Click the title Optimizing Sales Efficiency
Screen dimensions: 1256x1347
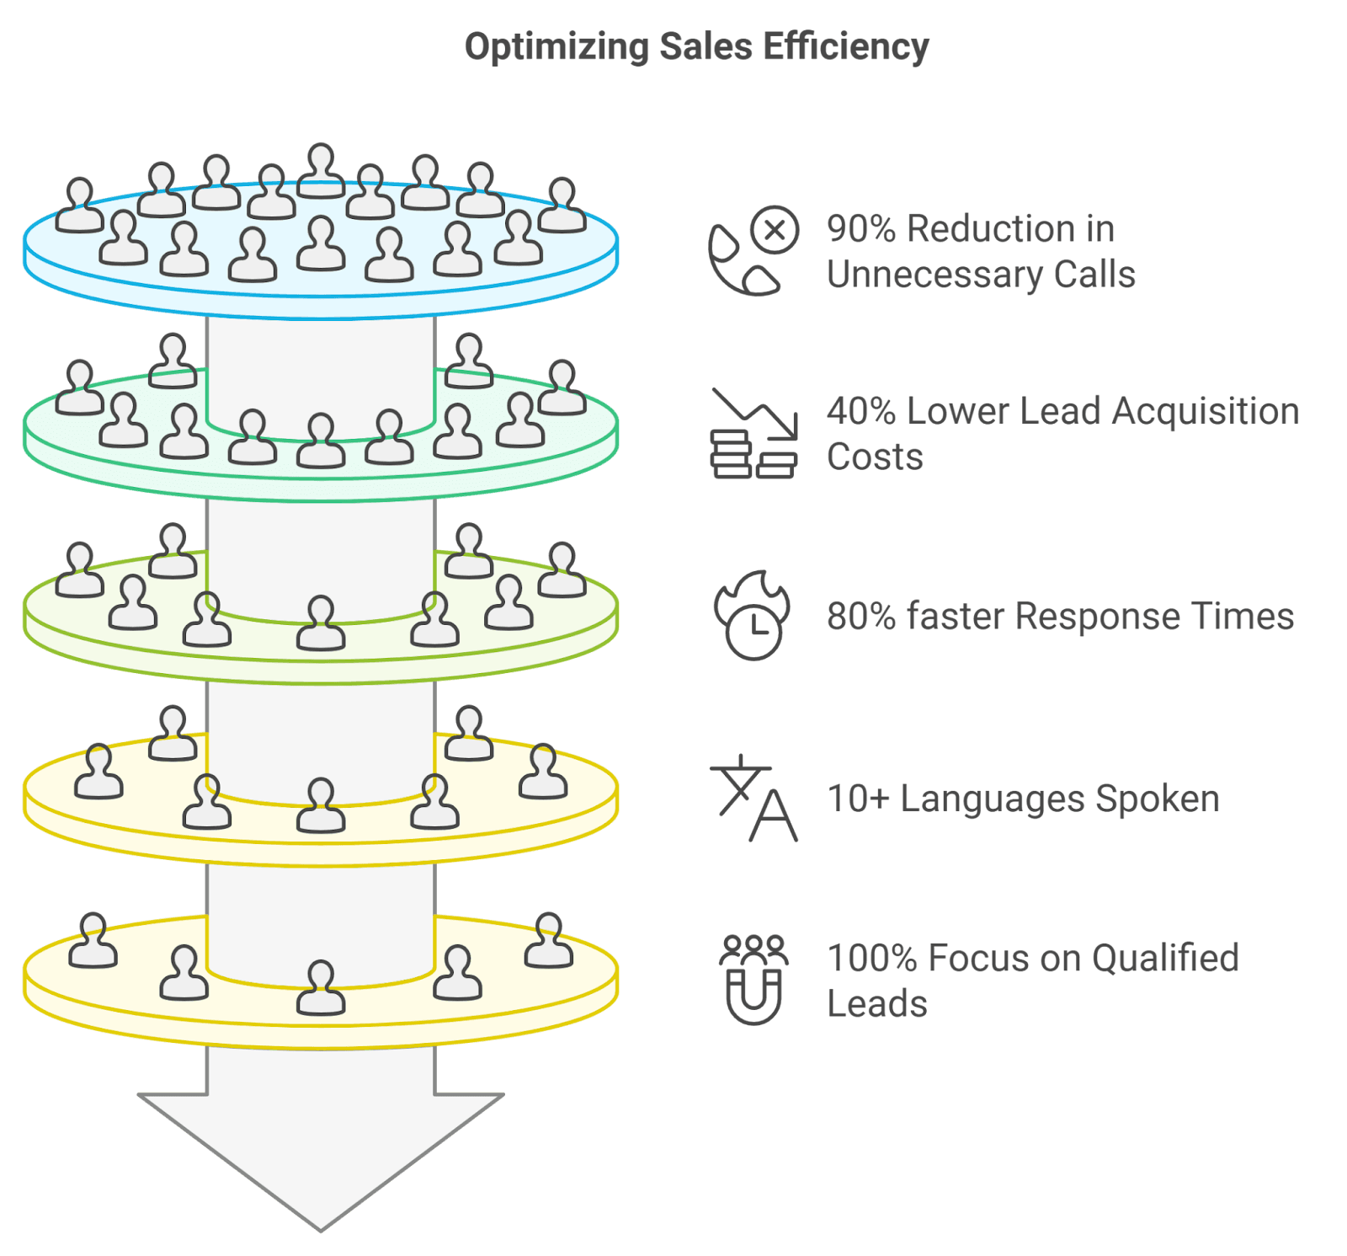(x=696, y=47)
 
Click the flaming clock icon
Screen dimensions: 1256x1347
(x=752, y=616)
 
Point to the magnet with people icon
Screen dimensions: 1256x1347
(x=753, y=980)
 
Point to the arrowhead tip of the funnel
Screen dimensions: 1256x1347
(x=321, y=1226)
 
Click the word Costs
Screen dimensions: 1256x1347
(x=875, y=457)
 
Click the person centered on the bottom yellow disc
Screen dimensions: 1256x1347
(x=321, y=987)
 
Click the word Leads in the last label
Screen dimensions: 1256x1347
(x=876, y=1004)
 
